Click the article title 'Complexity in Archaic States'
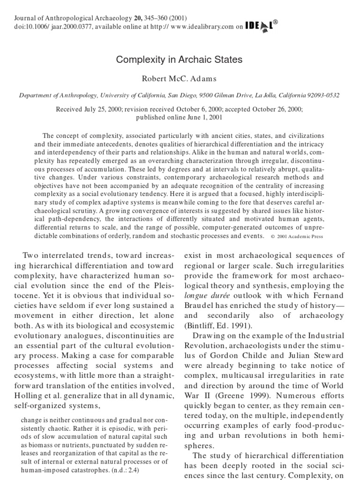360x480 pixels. tap(180, 60)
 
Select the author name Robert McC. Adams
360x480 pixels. tap(180, 78)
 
